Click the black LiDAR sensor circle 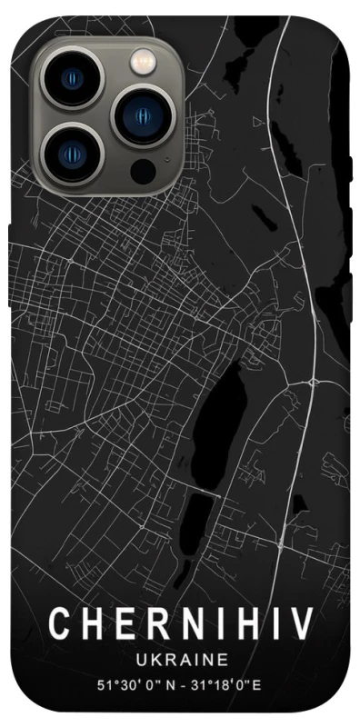point(143,168)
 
